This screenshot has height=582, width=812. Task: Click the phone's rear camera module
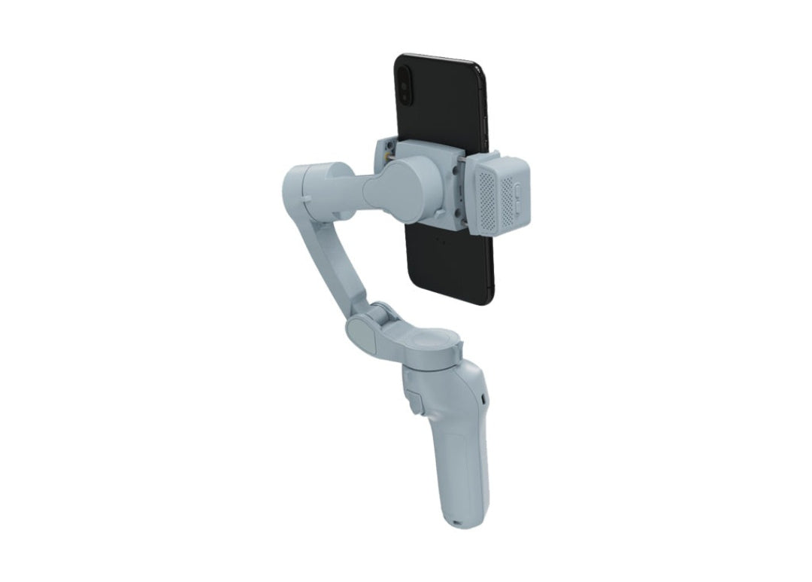[406, 83]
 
